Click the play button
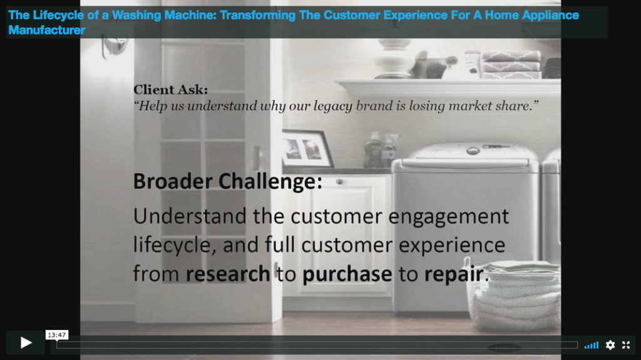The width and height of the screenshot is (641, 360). click(x=25, y=342)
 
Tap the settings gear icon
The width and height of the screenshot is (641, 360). click(x=610, y=345)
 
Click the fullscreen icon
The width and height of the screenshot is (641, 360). click(x=626, y=345)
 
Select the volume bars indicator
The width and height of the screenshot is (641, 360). click(x=591, y=345)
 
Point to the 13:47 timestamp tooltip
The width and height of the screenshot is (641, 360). click(x=57, y=335)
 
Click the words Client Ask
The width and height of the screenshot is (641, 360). click(x=170, y=90)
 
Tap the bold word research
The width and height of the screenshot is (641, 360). click(x=228, y=274)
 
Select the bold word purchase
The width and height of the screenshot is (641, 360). click(x=347, y=274)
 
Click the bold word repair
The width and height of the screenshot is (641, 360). click(x=454, y=274)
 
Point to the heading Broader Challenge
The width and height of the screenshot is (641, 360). click(x=228, y=181)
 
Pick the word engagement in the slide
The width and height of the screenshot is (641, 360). click(x=448, y=217)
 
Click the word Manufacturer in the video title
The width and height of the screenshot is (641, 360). click(x=46, y=30)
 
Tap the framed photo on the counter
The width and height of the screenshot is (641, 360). click(x=307, y=148)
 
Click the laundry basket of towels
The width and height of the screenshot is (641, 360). click(x=513, y=294)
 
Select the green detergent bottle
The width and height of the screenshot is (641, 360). click(x=373, y=150)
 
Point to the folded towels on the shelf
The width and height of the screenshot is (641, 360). click(x=510, y=64)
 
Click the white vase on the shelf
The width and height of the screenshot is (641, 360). click(x=394, y=58)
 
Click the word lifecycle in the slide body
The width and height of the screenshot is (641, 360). click(x=172, y=245)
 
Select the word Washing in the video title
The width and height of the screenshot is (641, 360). click(x=136, y=15)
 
